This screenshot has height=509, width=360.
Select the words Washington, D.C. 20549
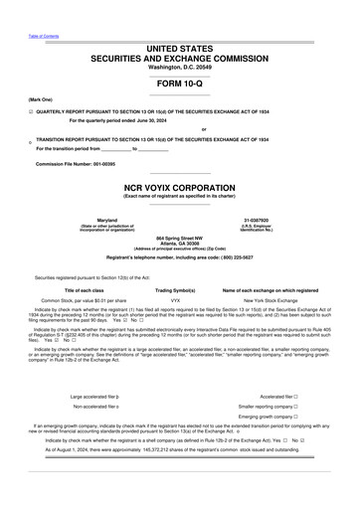click(180, 65)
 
